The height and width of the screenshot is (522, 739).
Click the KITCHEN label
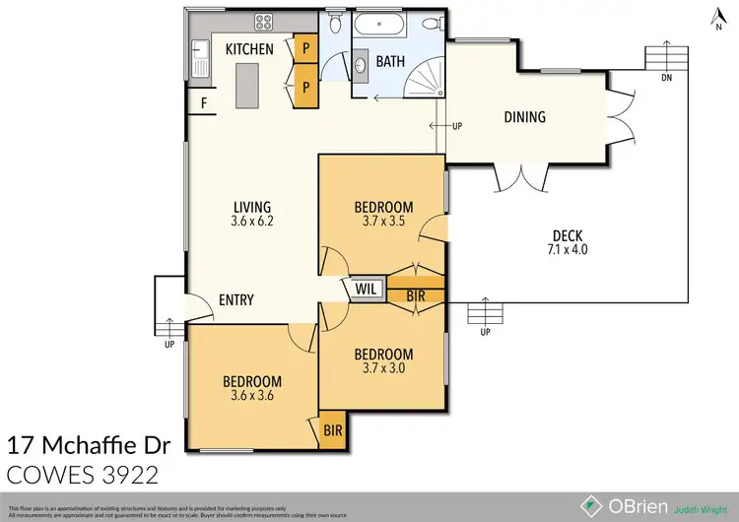click(249, 49)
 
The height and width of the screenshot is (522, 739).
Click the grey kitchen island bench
click(244, 85)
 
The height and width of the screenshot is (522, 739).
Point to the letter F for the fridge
click(204, 101)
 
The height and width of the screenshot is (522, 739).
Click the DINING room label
click(524, 117)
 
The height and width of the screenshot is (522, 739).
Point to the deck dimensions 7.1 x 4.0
click(568, 250)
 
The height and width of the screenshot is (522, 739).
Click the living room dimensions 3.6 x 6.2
click(252, 222)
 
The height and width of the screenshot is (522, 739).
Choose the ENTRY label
click(236, 300)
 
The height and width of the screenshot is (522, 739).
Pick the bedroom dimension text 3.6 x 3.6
click(251, 397)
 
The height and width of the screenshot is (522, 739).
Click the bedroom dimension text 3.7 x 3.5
click(383, 222)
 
